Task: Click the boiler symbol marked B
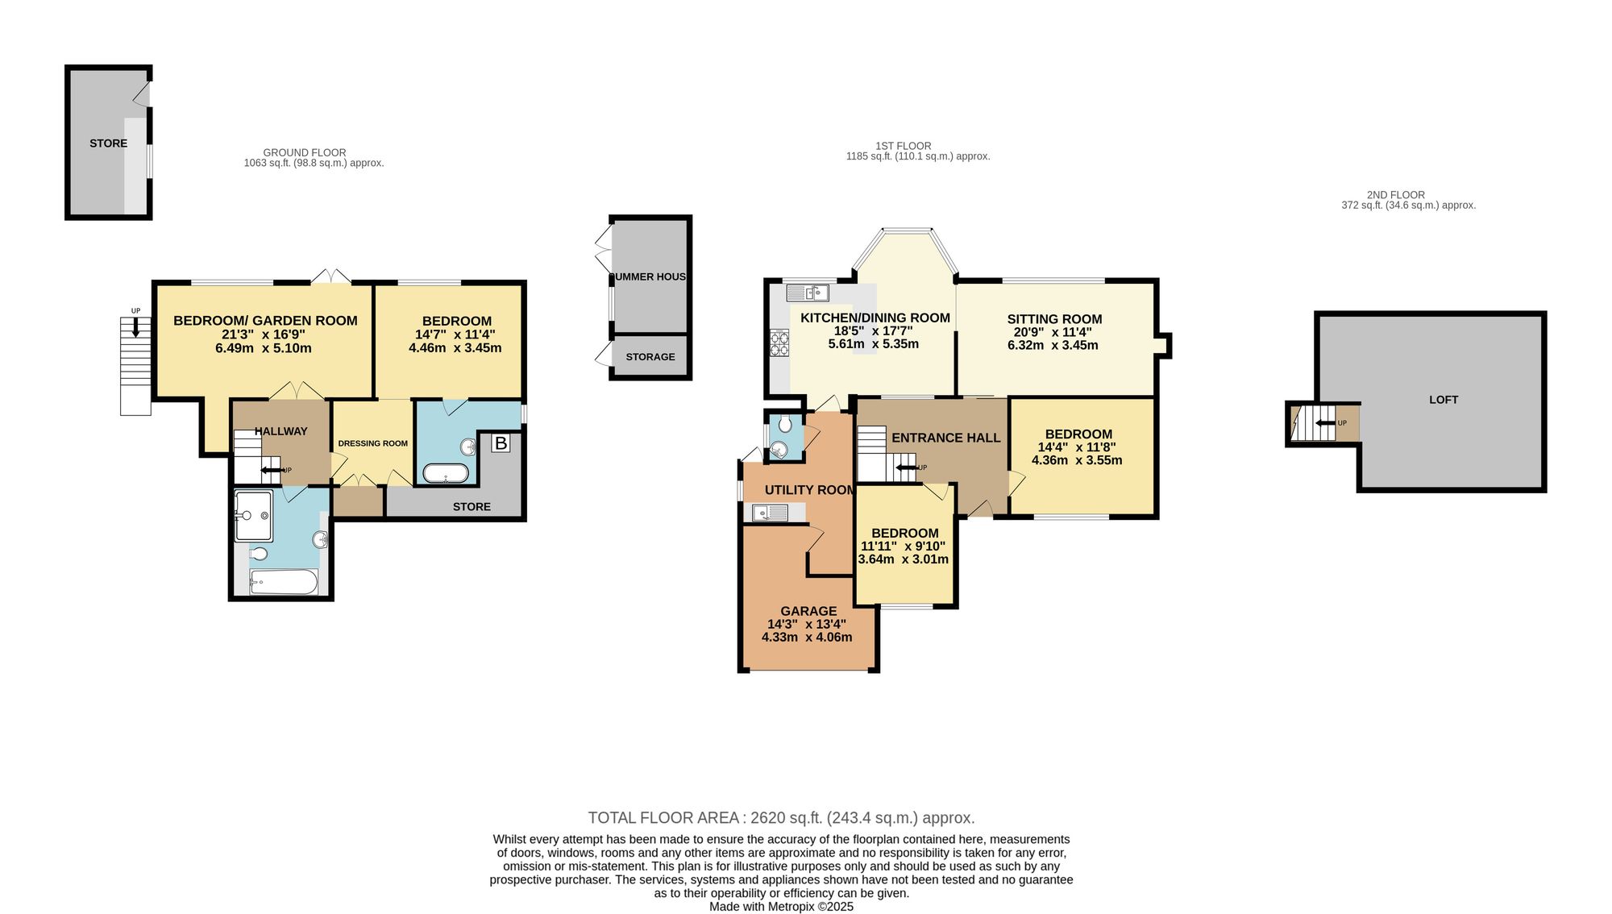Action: pos(501,443)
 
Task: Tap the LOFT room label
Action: pos(1444,400)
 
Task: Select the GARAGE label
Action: pos(808,611)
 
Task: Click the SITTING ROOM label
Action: pos(1054,319)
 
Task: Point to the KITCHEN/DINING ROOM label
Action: pos(875,318)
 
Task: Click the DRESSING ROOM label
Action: pos(372,443)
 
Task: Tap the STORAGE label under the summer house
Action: pos(650,357)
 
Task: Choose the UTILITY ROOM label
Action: pos(809,490)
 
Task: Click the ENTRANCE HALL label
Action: pos(945,438)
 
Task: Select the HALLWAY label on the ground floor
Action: pos(281,431)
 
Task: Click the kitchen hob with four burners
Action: pos(780,343)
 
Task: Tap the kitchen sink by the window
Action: pos(809,292)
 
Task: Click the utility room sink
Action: pos(771,512)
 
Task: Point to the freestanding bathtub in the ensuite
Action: pos(446,473)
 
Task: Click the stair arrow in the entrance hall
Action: pos(905,467)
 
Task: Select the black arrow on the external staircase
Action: pos(135,326)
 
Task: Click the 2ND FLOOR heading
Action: pos(1396,195)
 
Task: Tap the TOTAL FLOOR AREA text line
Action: pos(781,818)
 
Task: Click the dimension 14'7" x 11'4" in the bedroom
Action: pos(455,334)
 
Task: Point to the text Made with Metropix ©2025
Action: pos(781,907)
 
